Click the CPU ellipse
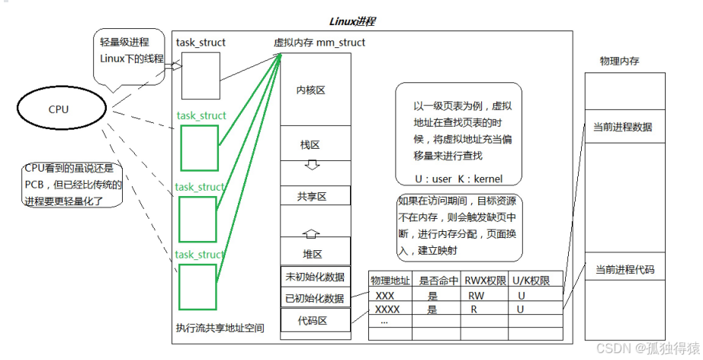(59, 110)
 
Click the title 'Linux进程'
(351, 21)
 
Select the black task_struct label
(201, 43)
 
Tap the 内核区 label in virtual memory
(311, 90)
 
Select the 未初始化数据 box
(315, 277)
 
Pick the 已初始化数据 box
(315, 298)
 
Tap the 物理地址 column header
(390, 280)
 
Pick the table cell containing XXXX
(387, 310)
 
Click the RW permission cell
(476, 295)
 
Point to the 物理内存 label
(618, 61)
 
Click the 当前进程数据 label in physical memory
(623, 127)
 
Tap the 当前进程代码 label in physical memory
(624, 270)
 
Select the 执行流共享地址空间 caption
(220, 328)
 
